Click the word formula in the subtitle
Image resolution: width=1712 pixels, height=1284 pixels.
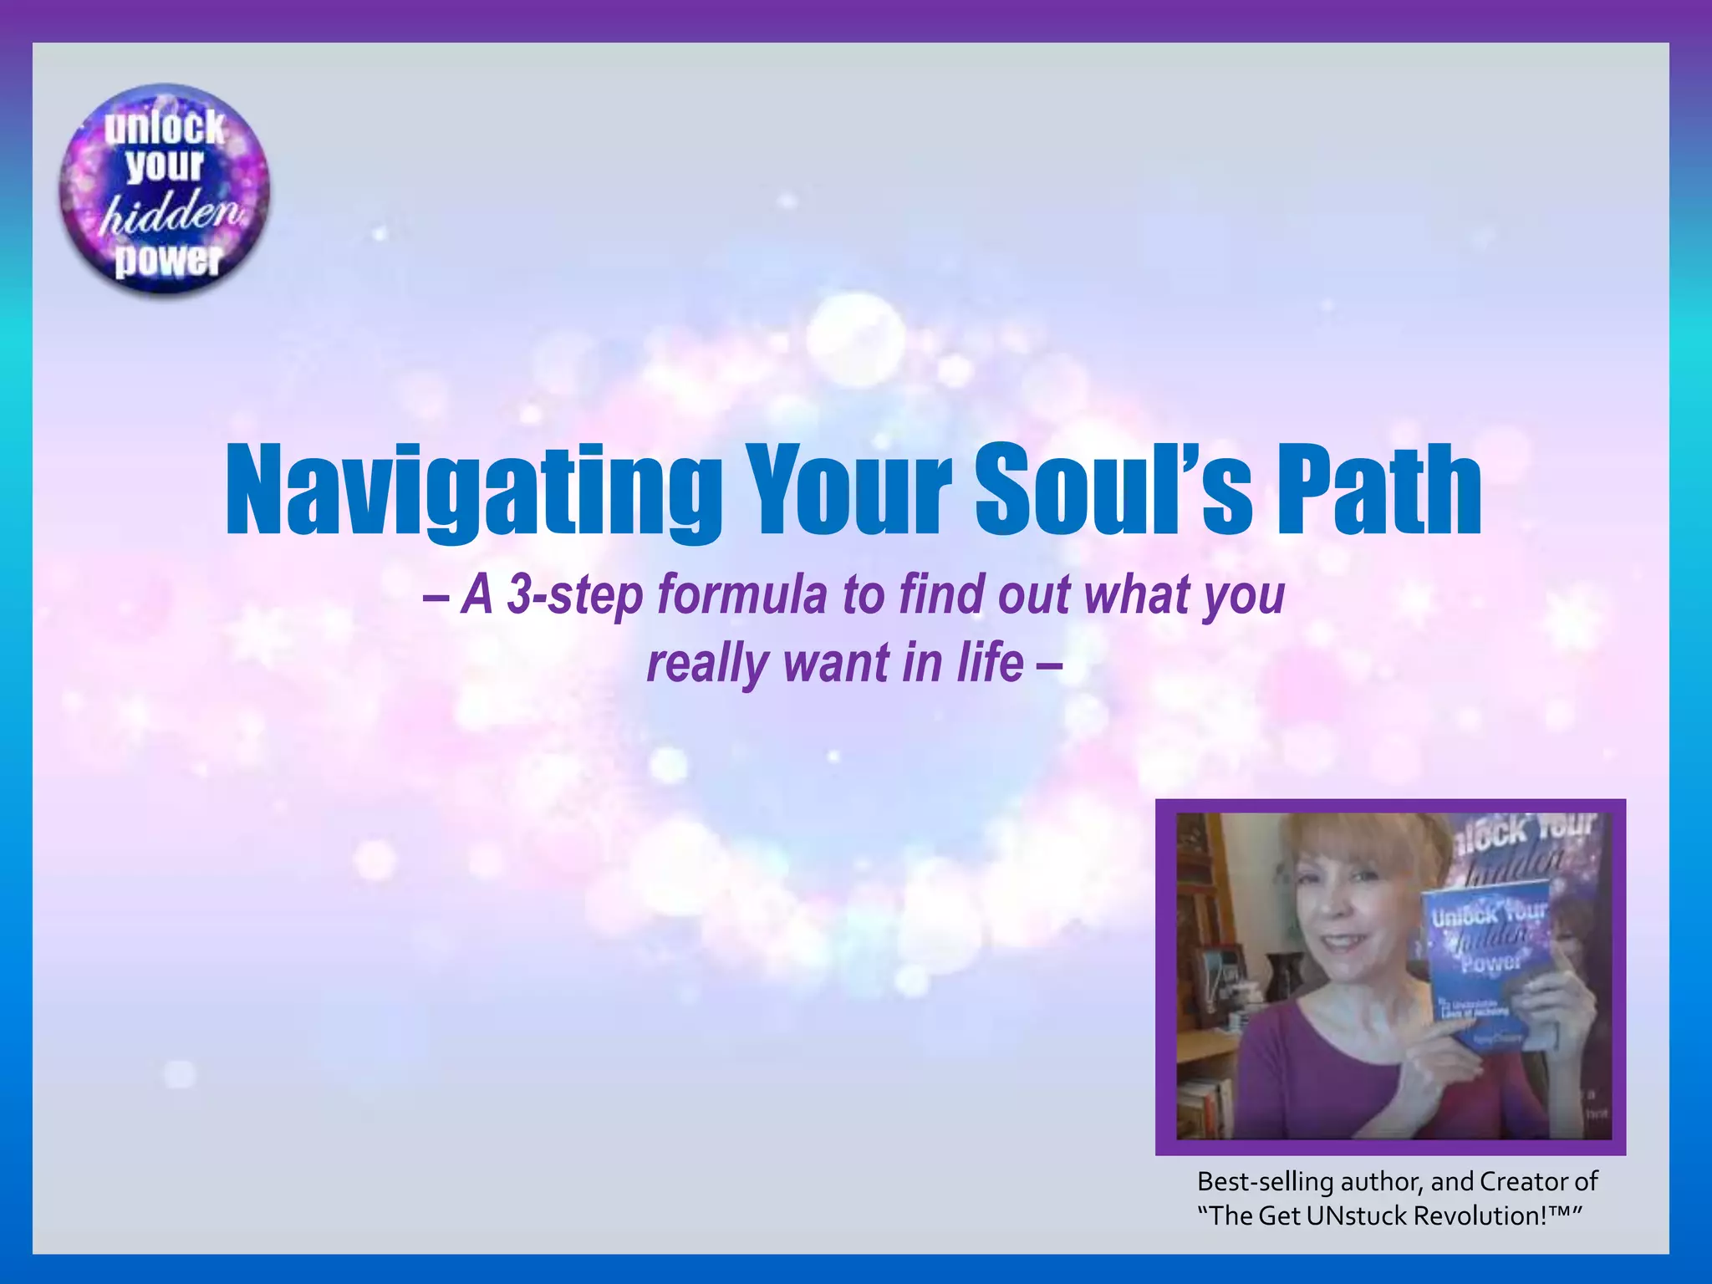[x=744, y=595]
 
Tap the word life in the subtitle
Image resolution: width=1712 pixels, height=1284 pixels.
[x=991, y=664]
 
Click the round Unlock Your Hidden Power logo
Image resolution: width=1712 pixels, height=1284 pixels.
[x=165, y=191]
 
